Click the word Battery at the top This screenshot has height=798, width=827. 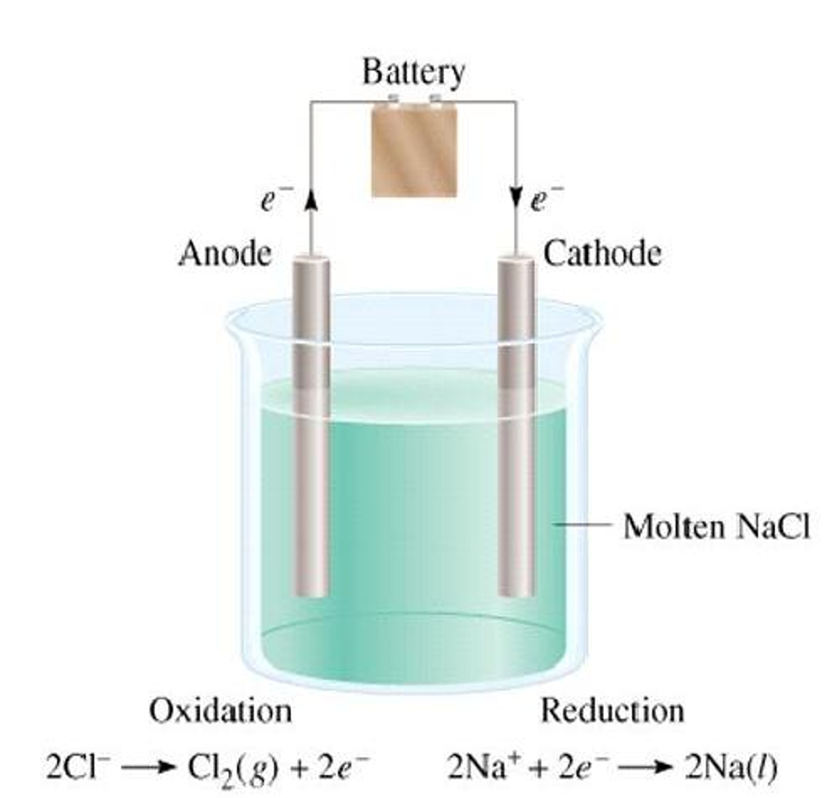pyautogui.click(x=413, y=74)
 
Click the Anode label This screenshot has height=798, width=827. pyautogui.click(x=224, y=253)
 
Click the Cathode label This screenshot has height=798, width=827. pyautogui.click(x=602, y=253)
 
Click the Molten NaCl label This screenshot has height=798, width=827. pyautogui.click(x=716, y=526)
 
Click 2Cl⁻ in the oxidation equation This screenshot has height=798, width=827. pyautogui.click(x=78, y=765)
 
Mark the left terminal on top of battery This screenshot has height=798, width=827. pyautogui.click(x=393, y=101)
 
